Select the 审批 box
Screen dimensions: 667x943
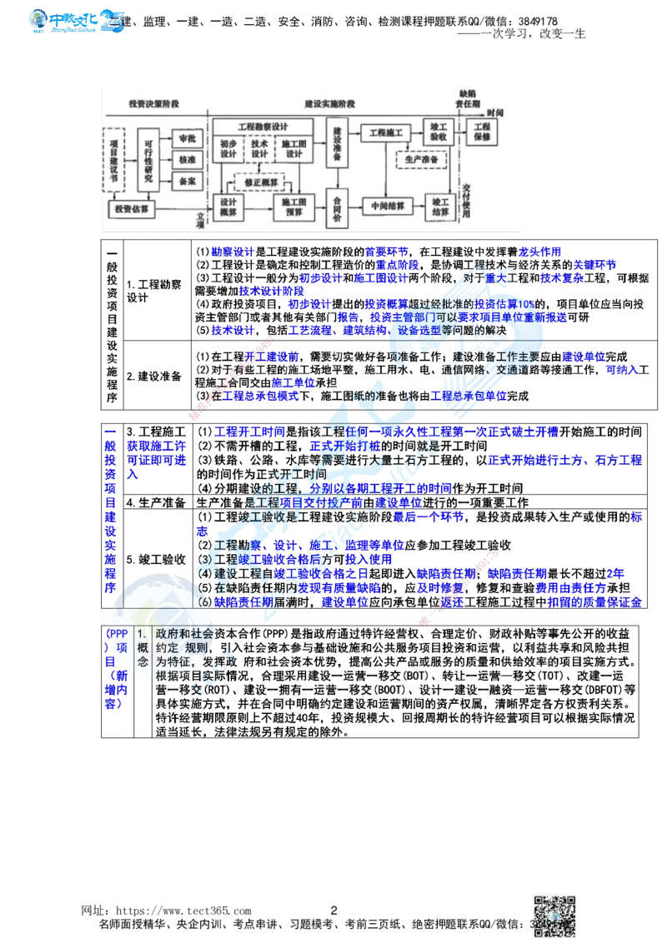pyautogui.click(x=187, y=138)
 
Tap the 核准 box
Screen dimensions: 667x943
pyautogui.click(x=187, y=159)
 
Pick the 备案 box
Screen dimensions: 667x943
pyautogui.click(x=187, y=181)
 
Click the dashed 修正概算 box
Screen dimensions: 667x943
pyautogui.click(x=260, y=182)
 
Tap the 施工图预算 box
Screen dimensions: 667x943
pyautogui.click(x=294, y=207)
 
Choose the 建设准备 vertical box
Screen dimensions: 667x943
pyautogui.click(x=337, y=144)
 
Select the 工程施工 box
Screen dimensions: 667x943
pyautogui.click(x=386, y=132)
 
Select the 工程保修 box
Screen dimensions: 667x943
pyautogui.click(x=483, y=132)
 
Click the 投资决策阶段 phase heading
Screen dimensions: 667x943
pyautogui.click(x=153, y=104)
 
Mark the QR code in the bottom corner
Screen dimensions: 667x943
pyautogui.click(x=554, y=914)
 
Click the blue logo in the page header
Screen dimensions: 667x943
pyautogui.click(x=77, y=20)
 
